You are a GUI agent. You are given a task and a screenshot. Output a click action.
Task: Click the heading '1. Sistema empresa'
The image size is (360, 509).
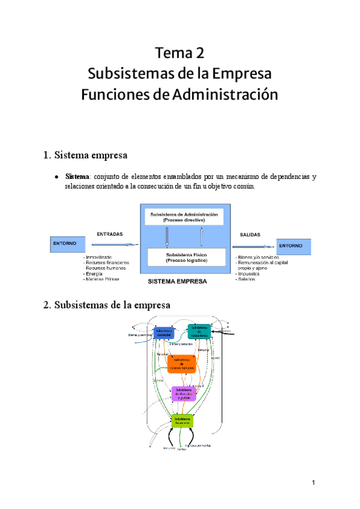(85, 155)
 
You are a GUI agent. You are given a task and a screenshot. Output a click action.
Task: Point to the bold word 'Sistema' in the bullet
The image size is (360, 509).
(76, 177)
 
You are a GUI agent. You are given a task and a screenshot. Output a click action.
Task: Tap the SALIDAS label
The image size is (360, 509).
(250, 235)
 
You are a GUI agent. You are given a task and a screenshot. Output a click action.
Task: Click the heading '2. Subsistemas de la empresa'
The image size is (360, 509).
(107, 305)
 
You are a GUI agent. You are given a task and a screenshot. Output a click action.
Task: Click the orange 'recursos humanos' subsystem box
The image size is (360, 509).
(181, 364)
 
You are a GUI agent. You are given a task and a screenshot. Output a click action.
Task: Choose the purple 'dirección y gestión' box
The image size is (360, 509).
(184, 393)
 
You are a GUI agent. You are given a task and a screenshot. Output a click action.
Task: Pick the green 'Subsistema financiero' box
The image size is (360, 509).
(182, 421)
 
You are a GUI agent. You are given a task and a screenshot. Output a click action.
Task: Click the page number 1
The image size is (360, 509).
(313, 483)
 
